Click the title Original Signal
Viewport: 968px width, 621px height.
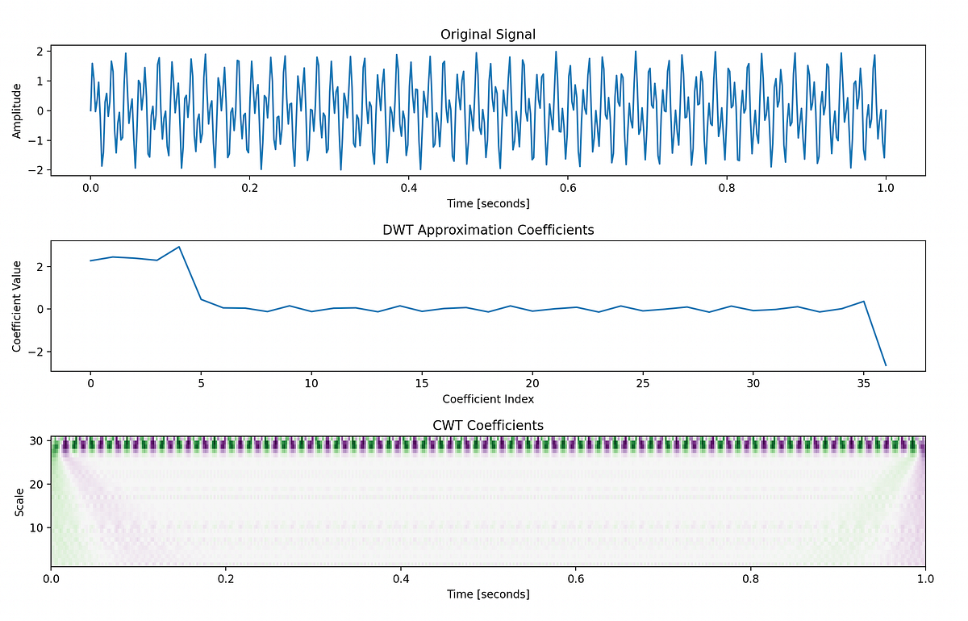(488, 34)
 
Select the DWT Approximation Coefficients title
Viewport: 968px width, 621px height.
(488, 230)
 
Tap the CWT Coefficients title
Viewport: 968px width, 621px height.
(488, 425)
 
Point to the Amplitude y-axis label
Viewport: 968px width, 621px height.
(17, 110)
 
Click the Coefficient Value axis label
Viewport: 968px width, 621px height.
(17, 306)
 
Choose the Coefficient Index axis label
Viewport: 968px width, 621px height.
(488, 398)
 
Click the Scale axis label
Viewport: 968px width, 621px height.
(17, 501)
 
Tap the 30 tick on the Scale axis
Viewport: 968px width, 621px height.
(37, 440)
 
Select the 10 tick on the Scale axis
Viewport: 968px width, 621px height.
(37, 527)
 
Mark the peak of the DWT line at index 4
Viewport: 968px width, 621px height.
(179, 247)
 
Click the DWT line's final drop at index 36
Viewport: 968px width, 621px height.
(886, 365)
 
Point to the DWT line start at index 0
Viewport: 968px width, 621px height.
(91, 260)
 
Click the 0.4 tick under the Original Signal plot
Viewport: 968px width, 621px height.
(408, 187)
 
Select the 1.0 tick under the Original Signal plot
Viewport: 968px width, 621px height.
(886, 187)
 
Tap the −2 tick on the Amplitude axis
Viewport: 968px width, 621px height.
(37, 170)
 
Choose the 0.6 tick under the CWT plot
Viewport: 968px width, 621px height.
(576, 578)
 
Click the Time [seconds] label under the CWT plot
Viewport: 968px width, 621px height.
(488, 594)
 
